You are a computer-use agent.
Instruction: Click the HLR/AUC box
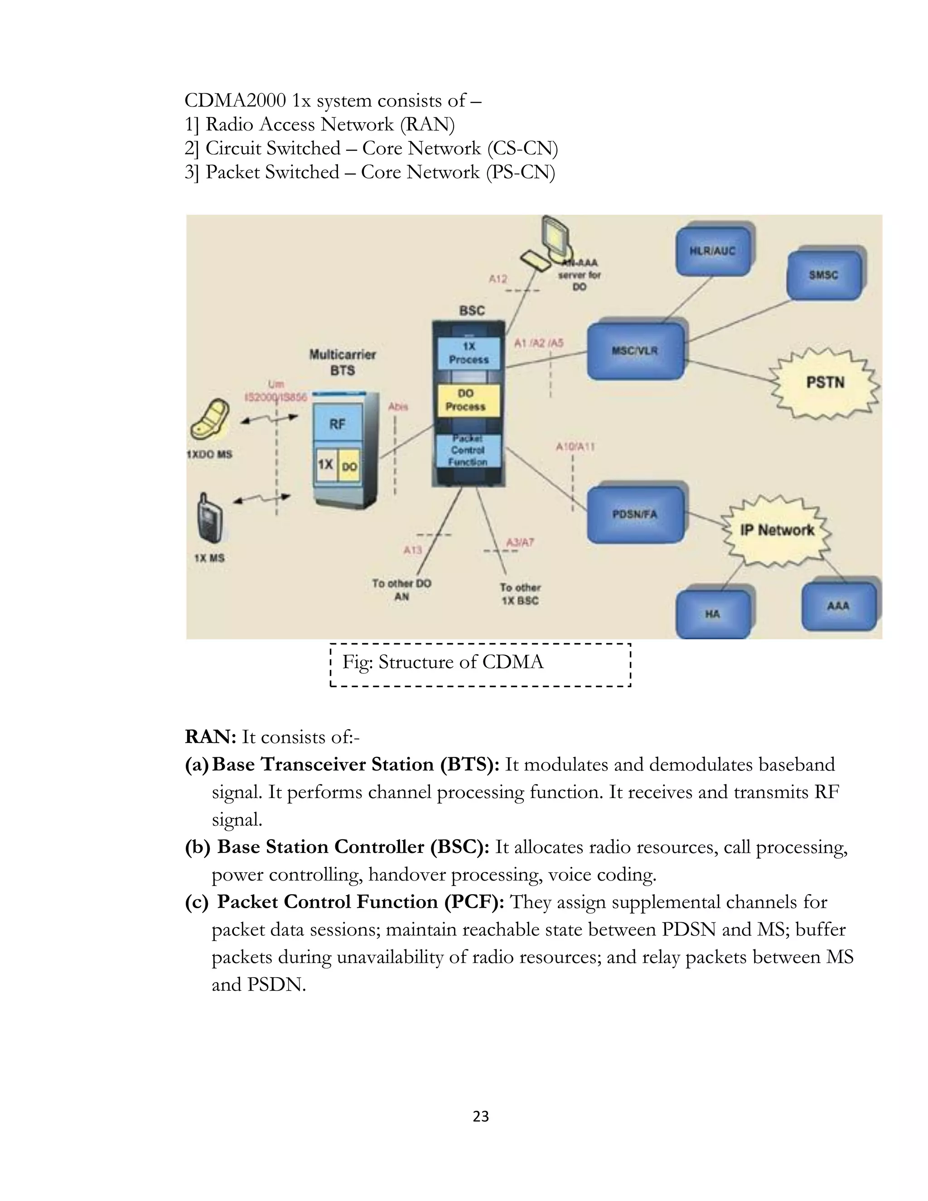712,252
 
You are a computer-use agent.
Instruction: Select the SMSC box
823,275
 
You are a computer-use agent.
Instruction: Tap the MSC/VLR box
636,351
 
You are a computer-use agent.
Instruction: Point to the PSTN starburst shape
825,383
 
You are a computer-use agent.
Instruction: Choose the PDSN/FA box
636,515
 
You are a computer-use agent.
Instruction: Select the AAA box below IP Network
838,606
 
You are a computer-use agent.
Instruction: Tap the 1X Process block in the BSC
469,353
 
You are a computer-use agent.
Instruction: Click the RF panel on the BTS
338,424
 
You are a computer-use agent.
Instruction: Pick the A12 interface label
498,279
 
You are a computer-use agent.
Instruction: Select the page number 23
480,1116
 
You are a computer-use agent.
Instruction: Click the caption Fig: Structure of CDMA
443,662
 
